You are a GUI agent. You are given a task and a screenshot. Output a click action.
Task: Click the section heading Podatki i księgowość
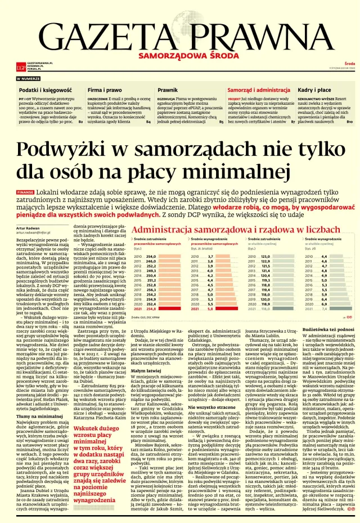[x=44, y=90]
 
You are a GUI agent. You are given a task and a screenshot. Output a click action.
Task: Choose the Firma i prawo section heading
[x=105, y=90]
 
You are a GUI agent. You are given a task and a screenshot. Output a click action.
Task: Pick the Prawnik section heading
[x=168, y=90]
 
